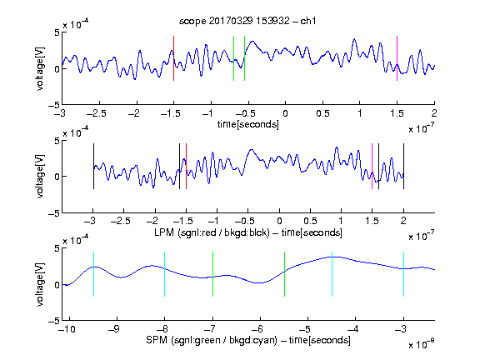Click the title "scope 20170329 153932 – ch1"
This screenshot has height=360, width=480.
click(x=247, y=21)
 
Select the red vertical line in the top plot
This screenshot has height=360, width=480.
click(x=174, y=58)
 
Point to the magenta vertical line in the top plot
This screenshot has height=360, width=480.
click(x=397, y=58)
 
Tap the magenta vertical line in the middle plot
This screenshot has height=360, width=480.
click(x=372, y=166)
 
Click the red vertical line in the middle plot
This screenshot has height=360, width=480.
click(x=186, y=166)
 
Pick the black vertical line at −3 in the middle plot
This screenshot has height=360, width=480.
click(x=93, y=166)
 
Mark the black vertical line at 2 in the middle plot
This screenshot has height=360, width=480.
click(x=404, y=166)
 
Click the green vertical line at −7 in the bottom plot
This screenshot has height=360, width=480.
click(x=212, y=274)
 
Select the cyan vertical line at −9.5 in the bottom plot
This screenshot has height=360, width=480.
click(x=93, y=274)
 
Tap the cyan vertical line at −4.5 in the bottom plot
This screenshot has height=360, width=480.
click(x=332, y=274)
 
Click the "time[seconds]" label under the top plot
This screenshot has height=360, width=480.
click(x=248, y=124)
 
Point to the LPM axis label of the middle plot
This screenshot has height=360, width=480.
click(x=248, y=232)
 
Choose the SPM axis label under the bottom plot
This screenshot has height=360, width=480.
click(x=248, y=340)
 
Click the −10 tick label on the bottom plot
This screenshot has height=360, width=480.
click(x=67, y=329)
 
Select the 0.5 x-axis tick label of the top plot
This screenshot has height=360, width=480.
click(x=322, y=113)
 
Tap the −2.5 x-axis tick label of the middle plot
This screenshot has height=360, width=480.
click(x=121, y=221)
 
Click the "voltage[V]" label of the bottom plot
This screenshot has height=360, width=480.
click(x=40, y=285)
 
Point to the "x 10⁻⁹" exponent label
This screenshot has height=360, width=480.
click(x=421, y=344)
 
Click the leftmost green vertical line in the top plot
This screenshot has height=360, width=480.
click(x=234, y=58)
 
